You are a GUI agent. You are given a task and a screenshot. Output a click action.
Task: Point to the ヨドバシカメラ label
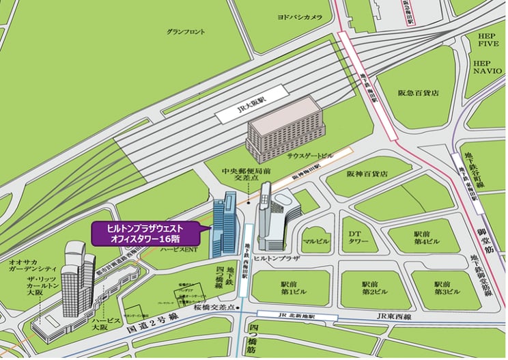pos(299,16)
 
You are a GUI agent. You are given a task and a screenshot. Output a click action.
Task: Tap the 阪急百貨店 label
pos(417,92)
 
